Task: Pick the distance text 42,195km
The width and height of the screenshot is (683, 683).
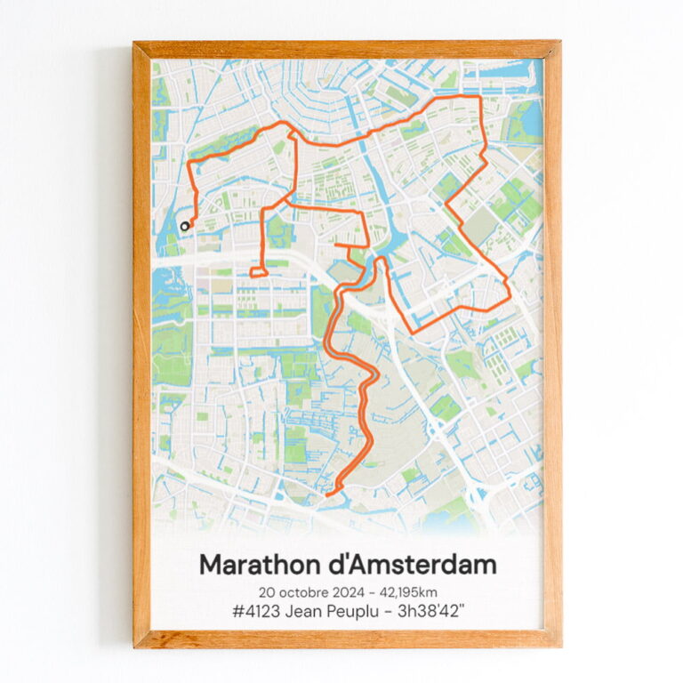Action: click(x=407, y=592)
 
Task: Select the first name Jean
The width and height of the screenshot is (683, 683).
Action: click(x=293, y=612)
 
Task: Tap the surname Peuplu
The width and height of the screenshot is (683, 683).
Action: click(x=350, y=612)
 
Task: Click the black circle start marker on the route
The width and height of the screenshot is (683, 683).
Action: click(x=185, y=226)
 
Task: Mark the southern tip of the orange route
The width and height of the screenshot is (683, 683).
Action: click(x=328, y=494)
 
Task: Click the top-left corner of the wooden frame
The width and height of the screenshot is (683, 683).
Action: click(x=135, y=43)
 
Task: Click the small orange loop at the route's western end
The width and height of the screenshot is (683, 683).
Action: click(x=257, y=272)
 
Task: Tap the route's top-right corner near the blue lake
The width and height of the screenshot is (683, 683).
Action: click(x=480, y=96)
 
